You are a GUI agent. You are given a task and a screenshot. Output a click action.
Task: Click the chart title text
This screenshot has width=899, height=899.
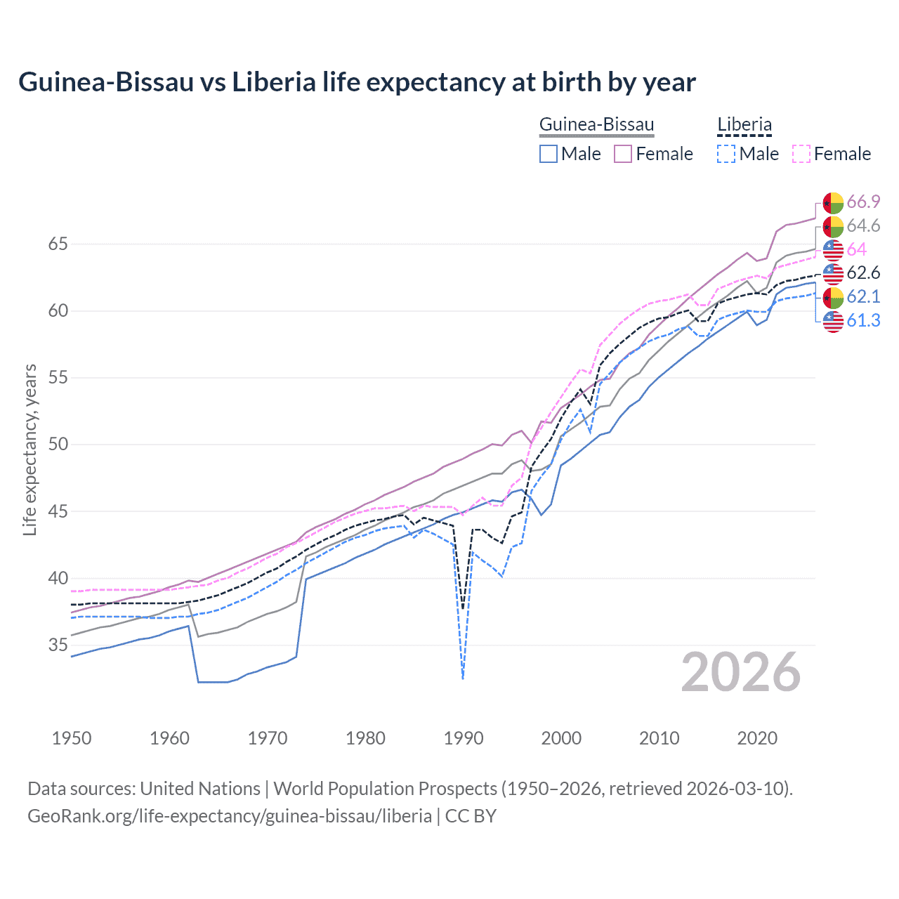coord(357,82)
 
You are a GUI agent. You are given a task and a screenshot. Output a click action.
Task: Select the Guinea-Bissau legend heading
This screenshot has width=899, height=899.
coord(596,125)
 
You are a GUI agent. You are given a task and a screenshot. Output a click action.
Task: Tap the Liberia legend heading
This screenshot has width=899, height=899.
coord(744,125)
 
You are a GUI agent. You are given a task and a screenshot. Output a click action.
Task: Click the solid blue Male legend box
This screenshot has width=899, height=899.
coord(549,154)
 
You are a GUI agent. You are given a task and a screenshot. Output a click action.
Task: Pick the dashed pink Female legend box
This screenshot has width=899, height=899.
coord(801,154)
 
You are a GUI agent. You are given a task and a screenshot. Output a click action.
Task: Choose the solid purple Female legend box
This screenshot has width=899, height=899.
coord(623,154)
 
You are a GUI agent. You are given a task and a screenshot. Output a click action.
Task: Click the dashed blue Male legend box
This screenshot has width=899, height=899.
coord(726,154)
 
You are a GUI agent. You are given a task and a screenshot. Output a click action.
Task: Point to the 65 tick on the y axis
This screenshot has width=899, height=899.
coord(58,244)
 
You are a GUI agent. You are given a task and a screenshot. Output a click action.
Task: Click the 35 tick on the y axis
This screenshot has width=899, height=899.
coord(58,645)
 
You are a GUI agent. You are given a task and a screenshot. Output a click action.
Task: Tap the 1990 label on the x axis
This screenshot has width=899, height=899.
coord(464,738)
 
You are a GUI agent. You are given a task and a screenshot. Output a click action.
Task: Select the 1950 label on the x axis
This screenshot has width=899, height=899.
coord(72,738)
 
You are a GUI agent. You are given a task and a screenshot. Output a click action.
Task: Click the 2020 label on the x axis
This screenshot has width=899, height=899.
coord(757,738)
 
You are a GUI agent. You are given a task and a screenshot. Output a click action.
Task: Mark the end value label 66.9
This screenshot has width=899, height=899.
coord(863,202)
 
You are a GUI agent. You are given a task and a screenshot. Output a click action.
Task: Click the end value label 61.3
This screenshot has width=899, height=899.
coord(863,321)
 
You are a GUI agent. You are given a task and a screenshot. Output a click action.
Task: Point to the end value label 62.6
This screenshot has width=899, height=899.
coord(863,273)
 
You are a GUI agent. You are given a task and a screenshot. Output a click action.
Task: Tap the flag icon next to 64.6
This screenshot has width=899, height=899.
coord(833,226)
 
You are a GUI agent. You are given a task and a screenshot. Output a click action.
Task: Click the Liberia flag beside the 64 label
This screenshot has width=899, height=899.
coord(833,250)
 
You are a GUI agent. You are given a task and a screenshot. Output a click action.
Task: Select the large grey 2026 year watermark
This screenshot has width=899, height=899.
coord(741,672)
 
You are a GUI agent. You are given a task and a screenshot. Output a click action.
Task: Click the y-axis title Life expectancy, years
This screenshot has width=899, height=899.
coord(29,449)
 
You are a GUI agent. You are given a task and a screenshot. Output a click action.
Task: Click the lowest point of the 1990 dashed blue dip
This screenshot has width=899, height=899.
coord(463,678)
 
